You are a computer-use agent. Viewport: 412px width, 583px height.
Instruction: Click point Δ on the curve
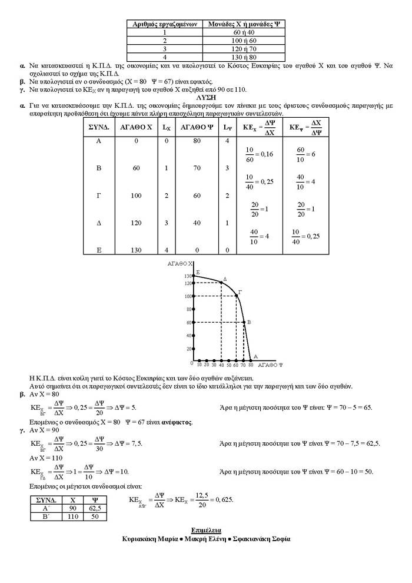pyautogui.click(x=221, y=283)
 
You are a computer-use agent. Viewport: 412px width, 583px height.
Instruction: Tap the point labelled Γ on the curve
pyautogui.click(x=236, y=296)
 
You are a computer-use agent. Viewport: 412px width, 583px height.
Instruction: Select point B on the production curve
pyautogui.click(x=244, y=322)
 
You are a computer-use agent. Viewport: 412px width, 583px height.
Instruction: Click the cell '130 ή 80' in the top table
pyautogui.click(x=243, y=57)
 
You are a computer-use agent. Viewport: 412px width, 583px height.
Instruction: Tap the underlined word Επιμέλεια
pyautogui.click(x=206, y=530)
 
